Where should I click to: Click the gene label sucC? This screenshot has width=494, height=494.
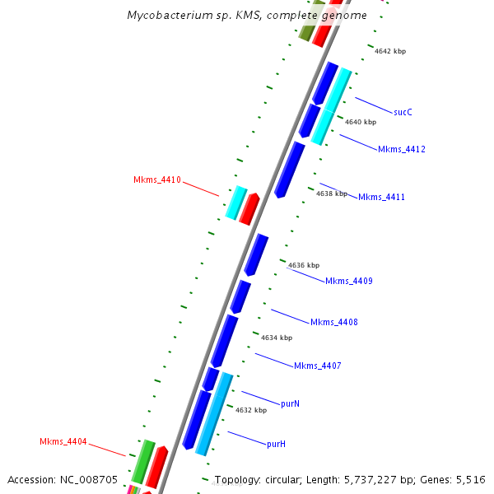click(403, 112)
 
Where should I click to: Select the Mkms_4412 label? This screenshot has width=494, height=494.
click(401, 149)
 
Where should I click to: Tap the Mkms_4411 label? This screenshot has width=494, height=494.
click(381, 197)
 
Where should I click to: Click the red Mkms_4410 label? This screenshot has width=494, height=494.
click(157, 179)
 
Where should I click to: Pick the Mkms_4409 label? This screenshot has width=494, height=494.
click(349, 282)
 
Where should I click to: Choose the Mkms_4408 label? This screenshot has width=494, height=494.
click(333, 322)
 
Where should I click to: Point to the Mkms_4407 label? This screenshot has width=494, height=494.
click(317, 366)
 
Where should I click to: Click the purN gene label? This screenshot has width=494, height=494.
click(290, 403)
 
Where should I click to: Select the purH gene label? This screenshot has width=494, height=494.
click(276, 444)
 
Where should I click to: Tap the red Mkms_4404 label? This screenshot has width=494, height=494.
click(63, 442)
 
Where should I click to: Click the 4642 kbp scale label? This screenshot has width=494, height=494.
click(390, 51)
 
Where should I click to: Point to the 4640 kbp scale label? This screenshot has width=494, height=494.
click(361, 122)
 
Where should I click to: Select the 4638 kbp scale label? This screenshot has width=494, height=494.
click(332, 194)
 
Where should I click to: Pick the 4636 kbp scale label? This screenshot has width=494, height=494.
click(304, 265)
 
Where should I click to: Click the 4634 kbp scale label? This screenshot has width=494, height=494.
click(277, 338)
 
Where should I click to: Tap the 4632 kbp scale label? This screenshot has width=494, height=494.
click(251, 410)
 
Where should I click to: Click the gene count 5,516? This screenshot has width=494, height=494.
click(470, 479)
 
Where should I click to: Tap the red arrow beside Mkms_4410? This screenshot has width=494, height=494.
click(249, 208)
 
